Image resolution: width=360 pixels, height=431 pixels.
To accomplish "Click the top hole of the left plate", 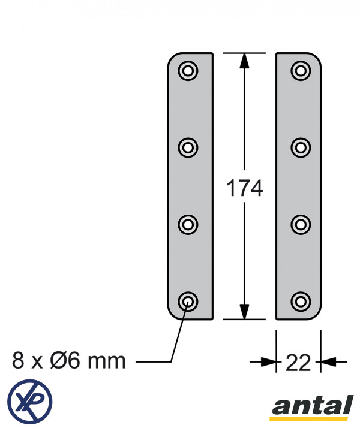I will click(188, 71).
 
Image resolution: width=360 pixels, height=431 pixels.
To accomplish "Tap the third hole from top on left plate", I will click(188, 224).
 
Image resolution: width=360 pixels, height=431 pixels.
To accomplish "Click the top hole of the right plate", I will click(300, 71).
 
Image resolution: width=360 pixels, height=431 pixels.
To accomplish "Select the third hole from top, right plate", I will click(300, 224).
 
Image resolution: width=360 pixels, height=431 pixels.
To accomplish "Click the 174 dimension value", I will click(244, 189).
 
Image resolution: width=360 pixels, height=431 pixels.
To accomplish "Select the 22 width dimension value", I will click(298, 363).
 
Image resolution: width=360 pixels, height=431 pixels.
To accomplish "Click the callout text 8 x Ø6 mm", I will click(69, 361).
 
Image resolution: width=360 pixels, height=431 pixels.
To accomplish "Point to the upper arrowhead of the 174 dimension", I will click(244, 61).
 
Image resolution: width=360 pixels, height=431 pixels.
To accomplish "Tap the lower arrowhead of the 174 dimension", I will click(244, 312).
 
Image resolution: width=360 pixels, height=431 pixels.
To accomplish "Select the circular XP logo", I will click(29, 400).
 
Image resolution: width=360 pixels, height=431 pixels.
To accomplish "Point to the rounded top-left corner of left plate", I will click(172, 58).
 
